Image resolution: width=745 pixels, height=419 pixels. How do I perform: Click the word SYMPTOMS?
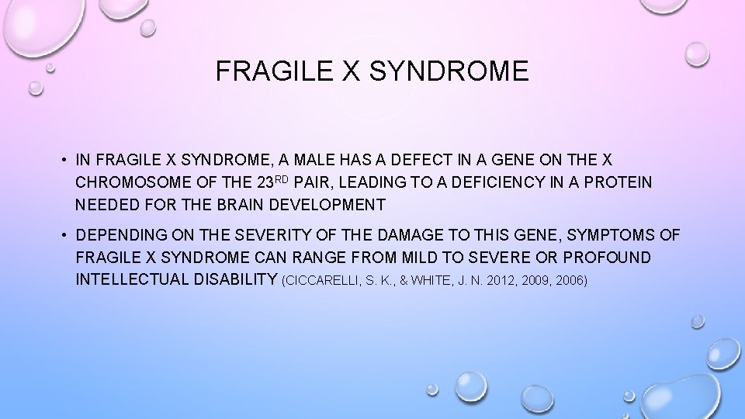tap(594, 234)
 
